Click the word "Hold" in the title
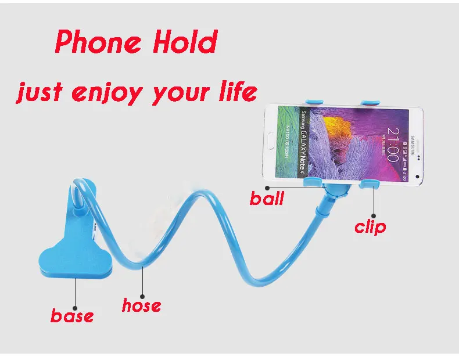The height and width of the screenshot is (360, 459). pyautogui.click(x=187, y=42)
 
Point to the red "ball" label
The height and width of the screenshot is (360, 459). pyautogui.click(x=267, y=199)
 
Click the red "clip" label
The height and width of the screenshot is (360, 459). pyautogui.click(x=370, y=226)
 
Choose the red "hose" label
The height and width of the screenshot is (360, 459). pyautogui.click(x=141, y=304)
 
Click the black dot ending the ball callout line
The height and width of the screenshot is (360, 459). pyautogui.click(x=266, y=188)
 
